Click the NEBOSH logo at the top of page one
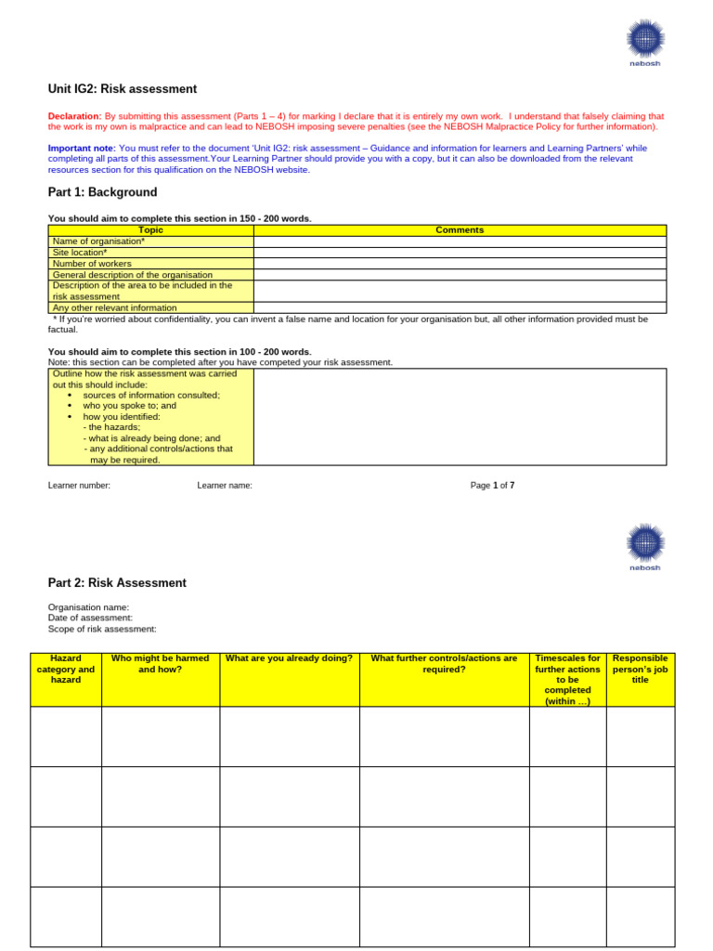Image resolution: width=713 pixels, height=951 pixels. (x=644, y=42)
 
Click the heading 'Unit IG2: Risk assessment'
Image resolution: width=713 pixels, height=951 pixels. (x=123, y=89)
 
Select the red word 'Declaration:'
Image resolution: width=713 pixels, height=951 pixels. (x=74, y=116)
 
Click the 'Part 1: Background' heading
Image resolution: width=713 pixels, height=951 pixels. (x=102, y=192)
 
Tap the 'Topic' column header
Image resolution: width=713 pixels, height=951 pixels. (x=150, y=230)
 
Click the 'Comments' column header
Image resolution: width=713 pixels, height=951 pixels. (x=460, y=230)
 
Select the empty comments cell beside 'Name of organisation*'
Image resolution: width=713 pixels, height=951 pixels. (x=460, y=241)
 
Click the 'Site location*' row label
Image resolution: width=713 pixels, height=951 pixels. (x=80, y=253)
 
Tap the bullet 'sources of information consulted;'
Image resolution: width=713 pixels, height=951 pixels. (x=151, y=395)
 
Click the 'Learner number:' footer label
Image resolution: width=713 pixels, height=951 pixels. (x=79, y=485)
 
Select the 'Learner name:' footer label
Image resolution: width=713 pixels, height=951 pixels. (x=225, y=485)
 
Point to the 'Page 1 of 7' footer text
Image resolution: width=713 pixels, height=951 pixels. (x=492, y=485)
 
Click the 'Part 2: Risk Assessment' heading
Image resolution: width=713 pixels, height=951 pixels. (x=117, y=583)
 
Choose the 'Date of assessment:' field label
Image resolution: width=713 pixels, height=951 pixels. (x=90, y=618)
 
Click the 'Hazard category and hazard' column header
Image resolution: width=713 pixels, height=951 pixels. (x=66, y=669)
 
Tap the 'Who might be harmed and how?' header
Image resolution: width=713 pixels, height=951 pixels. (x=160, y=663)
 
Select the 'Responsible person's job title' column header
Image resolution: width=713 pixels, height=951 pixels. (x=641, y=669)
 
